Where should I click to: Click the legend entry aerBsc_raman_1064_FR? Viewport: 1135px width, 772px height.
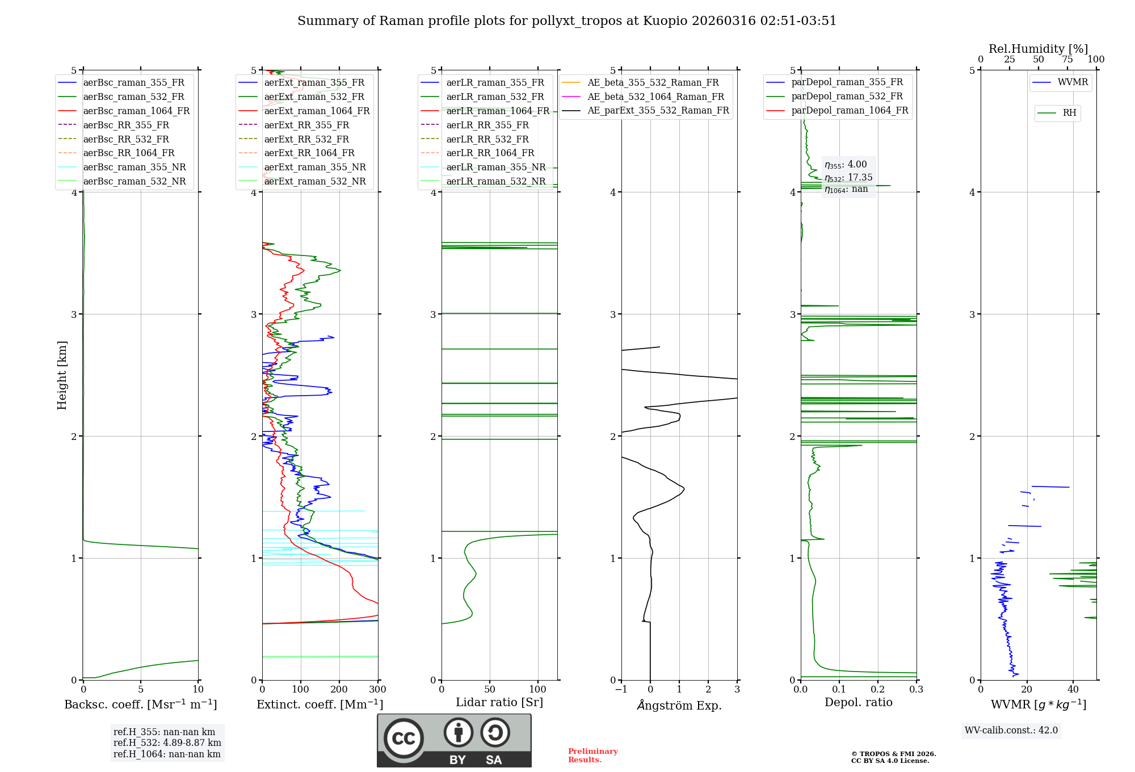pyautogui.click(x=136, y=111)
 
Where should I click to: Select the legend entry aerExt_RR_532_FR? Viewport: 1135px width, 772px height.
pyautogui.click(x=306, y=139)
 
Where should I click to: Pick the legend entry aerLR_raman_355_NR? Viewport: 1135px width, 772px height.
pyautogui.click(x=495, y=167)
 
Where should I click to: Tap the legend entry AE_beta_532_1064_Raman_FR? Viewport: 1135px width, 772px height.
pyautogui.click(x=655, y=96)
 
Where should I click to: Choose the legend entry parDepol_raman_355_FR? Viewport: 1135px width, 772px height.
pyautogui.click(x=847, y=82)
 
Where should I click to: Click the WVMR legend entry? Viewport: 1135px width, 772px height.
pyautogui.click(x=1073, y=82)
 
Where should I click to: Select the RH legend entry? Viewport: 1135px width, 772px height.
pyautogui.click(x=1069, y=113)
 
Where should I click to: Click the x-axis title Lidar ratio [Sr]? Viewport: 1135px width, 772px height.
pyautogui.click(x=499, y=703)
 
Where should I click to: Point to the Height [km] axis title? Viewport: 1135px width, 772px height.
pyautogui.click(x=62, y=375)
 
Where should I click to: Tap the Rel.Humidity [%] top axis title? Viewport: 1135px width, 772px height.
pyautogui.click(x=1038, y=49)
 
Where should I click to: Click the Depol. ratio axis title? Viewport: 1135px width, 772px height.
pyautogui.click(x=858, y=703)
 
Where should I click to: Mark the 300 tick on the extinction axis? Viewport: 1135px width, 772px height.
pyautogui.click(x=377, y=690)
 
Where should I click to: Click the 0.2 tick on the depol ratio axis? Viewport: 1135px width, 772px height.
pyautogui.click(x=878, y=690)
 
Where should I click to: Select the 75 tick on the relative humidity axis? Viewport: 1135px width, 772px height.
pyautogui.click(x=1067, y=60)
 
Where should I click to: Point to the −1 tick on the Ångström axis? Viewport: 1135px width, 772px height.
pyautogui.click(x=621, y=690)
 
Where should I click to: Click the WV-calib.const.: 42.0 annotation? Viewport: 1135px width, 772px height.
pyautogui.click(x=1011, y=731)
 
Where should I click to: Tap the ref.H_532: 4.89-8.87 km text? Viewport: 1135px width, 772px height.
pyautogui.click(x=167, y=743)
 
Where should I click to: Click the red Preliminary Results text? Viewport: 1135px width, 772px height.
pyautogui.click(x=592, y=756)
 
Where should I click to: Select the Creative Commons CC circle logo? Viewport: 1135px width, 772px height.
pyautogui.click(x=403, y=739)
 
